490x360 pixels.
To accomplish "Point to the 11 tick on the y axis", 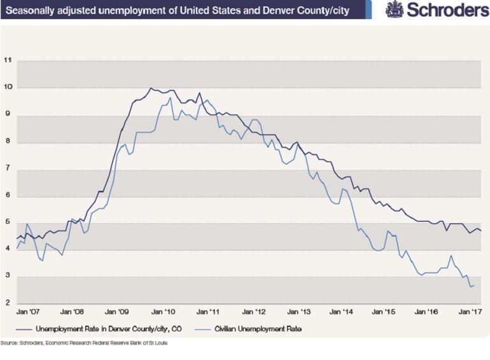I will (x=8, y=60).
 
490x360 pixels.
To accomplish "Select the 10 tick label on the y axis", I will (x=8, y=87).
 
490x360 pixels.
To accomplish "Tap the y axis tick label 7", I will (x=8, y=168).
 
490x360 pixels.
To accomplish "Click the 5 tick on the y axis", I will (x=8, y=222).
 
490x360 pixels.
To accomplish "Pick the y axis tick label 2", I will (x=8, y=303).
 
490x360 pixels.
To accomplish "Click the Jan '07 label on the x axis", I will (x=29, y=313).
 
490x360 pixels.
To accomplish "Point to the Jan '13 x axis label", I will (x=295, y=313).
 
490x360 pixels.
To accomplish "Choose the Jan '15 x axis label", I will (x=383, y=313).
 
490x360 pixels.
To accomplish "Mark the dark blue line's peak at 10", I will (x=150, y=88).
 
